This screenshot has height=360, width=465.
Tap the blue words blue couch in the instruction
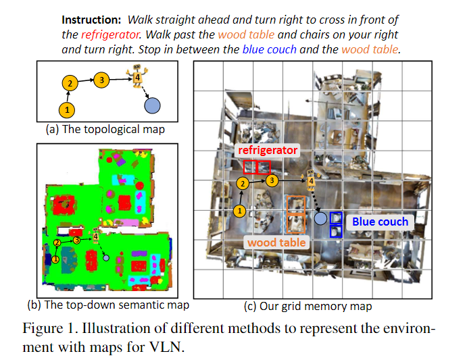pos(267,49)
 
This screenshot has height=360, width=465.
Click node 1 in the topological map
pos(67,109)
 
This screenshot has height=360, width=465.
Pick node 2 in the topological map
pos(69,84)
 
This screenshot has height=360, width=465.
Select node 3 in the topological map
pos(101,80)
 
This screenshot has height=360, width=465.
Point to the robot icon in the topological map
pos(137,76)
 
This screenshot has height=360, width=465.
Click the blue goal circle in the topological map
pos(153,105)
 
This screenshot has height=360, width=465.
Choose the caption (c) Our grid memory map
pos(308,306)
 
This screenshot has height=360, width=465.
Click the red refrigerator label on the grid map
pos(268,150)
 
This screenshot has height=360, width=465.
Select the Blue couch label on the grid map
pos(380,222)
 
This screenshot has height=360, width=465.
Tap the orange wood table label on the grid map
pos(276,242)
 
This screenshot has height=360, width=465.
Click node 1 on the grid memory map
pos(239,211)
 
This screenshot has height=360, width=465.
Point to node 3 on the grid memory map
pos(272,180)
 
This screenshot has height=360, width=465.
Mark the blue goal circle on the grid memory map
pos(321,218)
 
